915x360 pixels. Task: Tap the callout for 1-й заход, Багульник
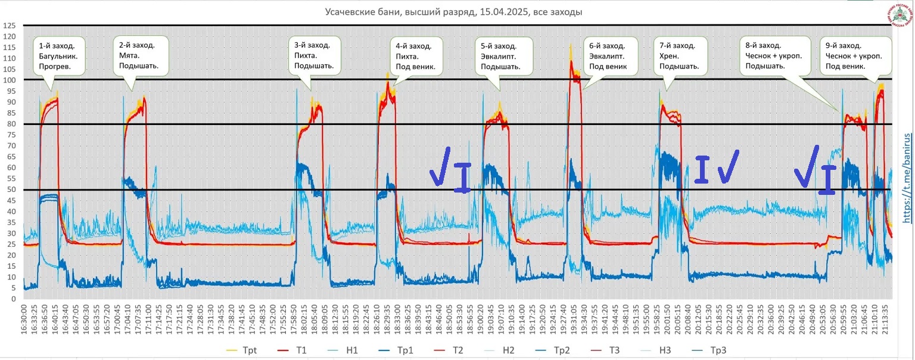[x=59, y=55]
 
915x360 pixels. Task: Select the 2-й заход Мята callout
[x=139, y=55]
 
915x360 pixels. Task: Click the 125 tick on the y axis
[x=9, y=26]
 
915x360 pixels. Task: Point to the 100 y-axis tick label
[x=9, y=80]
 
